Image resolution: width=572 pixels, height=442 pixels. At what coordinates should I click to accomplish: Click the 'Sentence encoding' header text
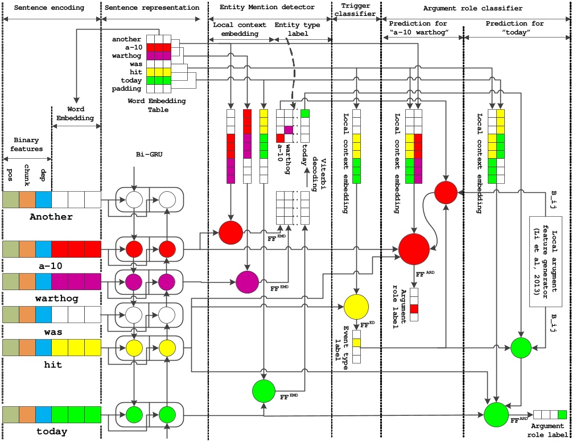tap(50, 9)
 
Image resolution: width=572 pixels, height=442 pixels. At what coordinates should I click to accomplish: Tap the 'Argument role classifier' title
tap(474, 9)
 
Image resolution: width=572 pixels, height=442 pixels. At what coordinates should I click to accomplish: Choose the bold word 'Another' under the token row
tap(51, 217)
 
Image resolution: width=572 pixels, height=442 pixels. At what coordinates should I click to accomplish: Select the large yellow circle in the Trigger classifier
tap(357, 308)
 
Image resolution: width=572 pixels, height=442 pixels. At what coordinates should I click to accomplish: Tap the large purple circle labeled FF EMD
tap(247, 282)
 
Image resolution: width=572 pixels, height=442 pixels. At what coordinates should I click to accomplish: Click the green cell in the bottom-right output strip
tap(562, 414)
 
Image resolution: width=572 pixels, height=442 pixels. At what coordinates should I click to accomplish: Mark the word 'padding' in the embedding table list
tap(127, 89)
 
